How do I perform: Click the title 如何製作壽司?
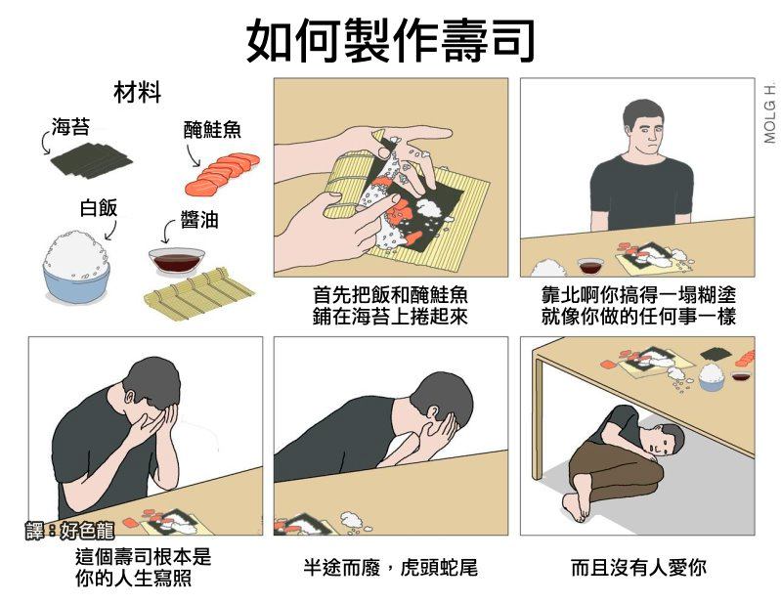391,41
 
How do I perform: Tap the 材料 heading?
138,93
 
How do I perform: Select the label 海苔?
71,127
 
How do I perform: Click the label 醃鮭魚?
212,129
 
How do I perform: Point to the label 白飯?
99,207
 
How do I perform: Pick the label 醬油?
199,219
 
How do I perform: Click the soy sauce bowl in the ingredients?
176,261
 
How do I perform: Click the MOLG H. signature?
769,113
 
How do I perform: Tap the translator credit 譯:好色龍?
69,531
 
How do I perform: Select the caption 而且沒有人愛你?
638,568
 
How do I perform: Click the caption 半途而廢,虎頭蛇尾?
391,568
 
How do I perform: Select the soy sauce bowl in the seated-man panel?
590,266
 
